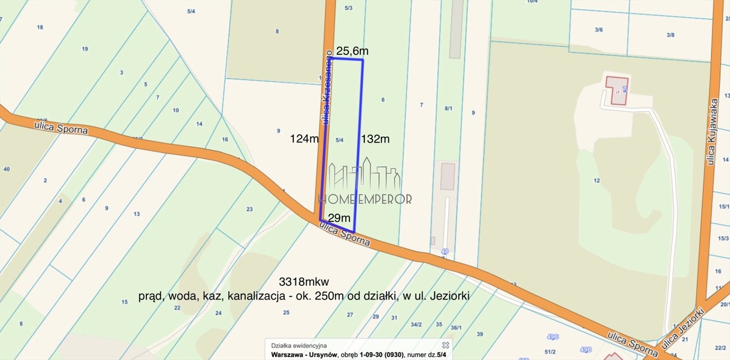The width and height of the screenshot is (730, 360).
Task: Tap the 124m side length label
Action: pyautogui.click(x=304, y=139)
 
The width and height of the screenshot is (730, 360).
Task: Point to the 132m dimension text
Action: pyautogui.click(x=375, y=139)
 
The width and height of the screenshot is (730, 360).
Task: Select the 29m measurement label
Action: pyautogui.click(x=339, y=218)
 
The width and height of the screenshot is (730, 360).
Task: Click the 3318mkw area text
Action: pyautogui.click(x=304, y=282)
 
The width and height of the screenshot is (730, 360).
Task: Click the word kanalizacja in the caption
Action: pyautogui.click(x=255, y=296)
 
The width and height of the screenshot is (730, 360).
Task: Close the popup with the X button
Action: pyautogui.click(x=445, y=345)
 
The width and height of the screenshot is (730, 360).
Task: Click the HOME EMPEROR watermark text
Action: pyautogui.click(x=365, y=199)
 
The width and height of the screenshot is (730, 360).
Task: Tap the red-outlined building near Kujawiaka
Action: pyautogui.click(x=617, y=90)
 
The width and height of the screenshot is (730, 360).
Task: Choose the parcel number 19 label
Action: pyautogui.click(x=85, y=49)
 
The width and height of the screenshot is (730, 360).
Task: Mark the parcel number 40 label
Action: pyautogui.click(x=6, y=169)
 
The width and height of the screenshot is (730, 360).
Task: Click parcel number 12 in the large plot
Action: pyautogui.click(x=596, y=180)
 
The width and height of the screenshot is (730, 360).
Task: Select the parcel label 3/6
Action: pyautogui.click(x=599, y=30)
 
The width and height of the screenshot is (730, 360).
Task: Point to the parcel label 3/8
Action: pyautogui.click(x=670, y=35)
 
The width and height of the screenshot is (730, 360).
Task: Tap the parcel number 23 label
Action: pyautogui.click(x=249, y=209)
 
